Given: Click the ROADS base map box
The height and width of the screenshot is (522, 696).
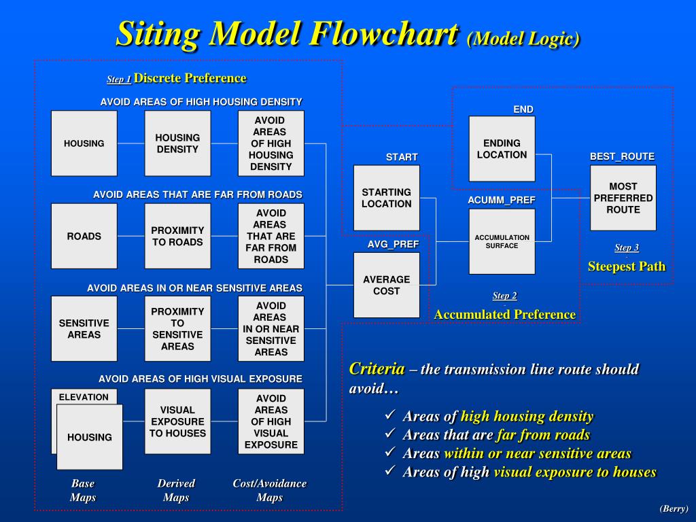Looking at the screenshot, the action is tap(84, 236).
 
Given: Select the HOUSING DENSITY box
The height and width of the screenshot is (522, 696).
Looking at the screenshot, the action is tap(177, 143).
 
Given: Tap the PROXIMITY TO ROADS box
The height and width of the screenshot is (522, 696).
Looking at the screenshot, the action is tap(177, 236).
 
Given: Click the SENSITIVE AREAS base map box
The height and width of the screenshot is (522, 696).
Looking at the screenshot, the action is tap(84, 329).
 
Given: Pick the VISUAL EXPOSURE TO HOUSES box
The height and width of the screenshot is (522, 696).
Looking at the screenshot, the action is tap(177, 421).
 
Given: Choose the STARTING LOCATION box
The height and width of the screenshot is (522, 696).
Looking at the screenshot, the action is tap(386, 198).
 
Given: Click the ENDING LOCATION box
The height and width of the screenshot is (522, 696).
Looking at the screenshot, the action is tap(502, 149).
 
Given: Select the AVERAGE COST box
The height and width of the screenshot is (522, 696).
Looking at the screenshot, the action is tap(386, 285).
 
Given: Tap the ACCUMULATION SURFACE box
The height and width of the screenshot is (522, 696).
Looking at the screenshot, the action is tap(502, 241).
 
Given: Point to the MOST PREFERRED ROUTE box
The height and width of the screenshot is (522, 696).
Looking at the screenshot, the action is tap(623, 198).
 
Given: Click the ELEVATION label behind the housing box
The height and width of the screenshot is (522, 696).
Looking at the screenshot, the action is tap(84, 397).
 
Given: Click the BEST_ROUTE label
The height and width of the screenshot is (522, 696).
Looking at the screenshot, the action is tap(622, 156).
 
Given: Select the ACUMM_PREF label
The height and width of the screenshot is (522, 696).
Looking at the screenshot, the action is tap(502, 200).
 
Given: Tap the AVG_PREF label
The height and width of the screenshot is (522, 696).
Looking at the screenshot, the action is tap(394, 244).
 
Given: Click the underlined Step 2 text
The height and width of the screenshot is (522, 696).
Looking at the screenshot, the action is tap(504, 296).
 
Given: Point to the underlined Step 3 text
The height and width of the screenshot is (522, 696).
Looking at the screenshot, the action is tap(626, 247).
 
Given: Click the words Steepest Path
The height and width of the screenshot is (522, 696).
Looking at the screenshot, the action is tap(626, 266).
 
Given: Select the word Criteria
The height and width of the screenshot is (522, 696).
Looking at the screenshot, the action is tap(377, 369).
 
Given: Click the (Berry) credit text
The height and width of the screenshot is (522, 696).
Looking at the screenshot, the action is tap(673, 508).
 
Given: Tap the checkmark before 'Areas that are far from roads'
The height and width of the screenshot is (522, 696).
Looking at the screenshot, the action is tap(389, 434).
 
